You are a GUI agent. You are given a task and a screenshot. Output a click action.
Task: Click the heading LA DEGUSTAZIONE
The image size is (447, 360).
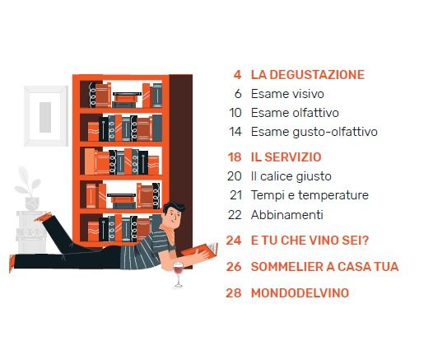308,75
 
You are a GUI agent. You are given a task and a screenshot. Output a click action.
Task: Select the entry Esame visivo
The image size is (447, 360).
287,94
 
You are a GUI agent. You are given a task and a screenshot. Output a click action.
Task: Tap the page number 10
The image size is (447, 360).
235,113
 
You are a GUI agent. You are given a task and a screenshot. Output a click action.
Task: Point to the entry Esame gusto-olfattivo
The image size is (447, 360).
314,132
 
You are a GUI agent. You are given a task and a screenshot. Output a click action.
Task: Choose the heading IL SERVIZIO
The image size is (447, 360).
286,157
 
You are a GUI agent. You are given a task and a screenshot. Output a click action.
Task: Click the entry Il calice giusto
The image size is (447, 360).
291,176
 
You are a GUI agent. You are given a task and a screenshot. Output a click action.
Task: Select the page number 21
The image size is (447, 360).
235,195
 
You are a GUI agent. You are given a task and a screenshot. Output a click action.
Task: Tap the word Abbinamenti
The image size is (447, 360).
287,214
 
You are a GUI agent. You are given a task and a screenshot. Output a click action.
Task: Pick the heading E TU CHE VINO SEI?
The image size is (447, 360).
310,241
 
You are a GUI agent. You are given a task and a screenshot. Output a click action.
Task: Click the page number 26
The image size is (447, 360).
234,267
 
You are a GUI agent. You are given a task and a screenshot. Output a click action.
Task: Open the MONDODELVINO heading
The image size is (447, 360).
300,293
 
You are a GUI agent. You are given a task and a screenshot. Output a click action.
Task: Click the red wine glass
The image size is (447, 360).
178,274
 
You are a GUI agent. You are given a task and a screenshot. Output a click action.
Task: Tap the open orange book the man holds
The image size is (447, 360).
199,250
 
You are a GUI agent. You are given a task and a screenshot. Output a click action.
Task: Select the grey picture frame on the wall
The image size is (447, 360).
46,116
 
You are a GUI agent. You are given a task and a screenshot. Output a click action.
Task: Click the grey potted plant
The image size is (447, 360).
30,189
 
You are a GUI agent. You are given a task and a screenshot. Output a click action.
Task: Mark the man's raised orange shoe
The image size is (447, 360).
44,217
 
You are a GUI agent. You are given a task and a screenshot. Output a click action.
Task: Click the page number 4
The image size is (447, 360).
237,75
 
